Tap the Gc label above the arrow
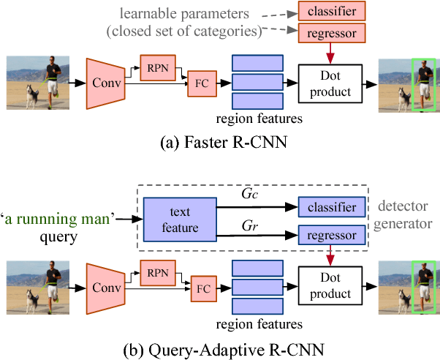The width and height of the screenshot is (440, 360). (249, 195)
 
